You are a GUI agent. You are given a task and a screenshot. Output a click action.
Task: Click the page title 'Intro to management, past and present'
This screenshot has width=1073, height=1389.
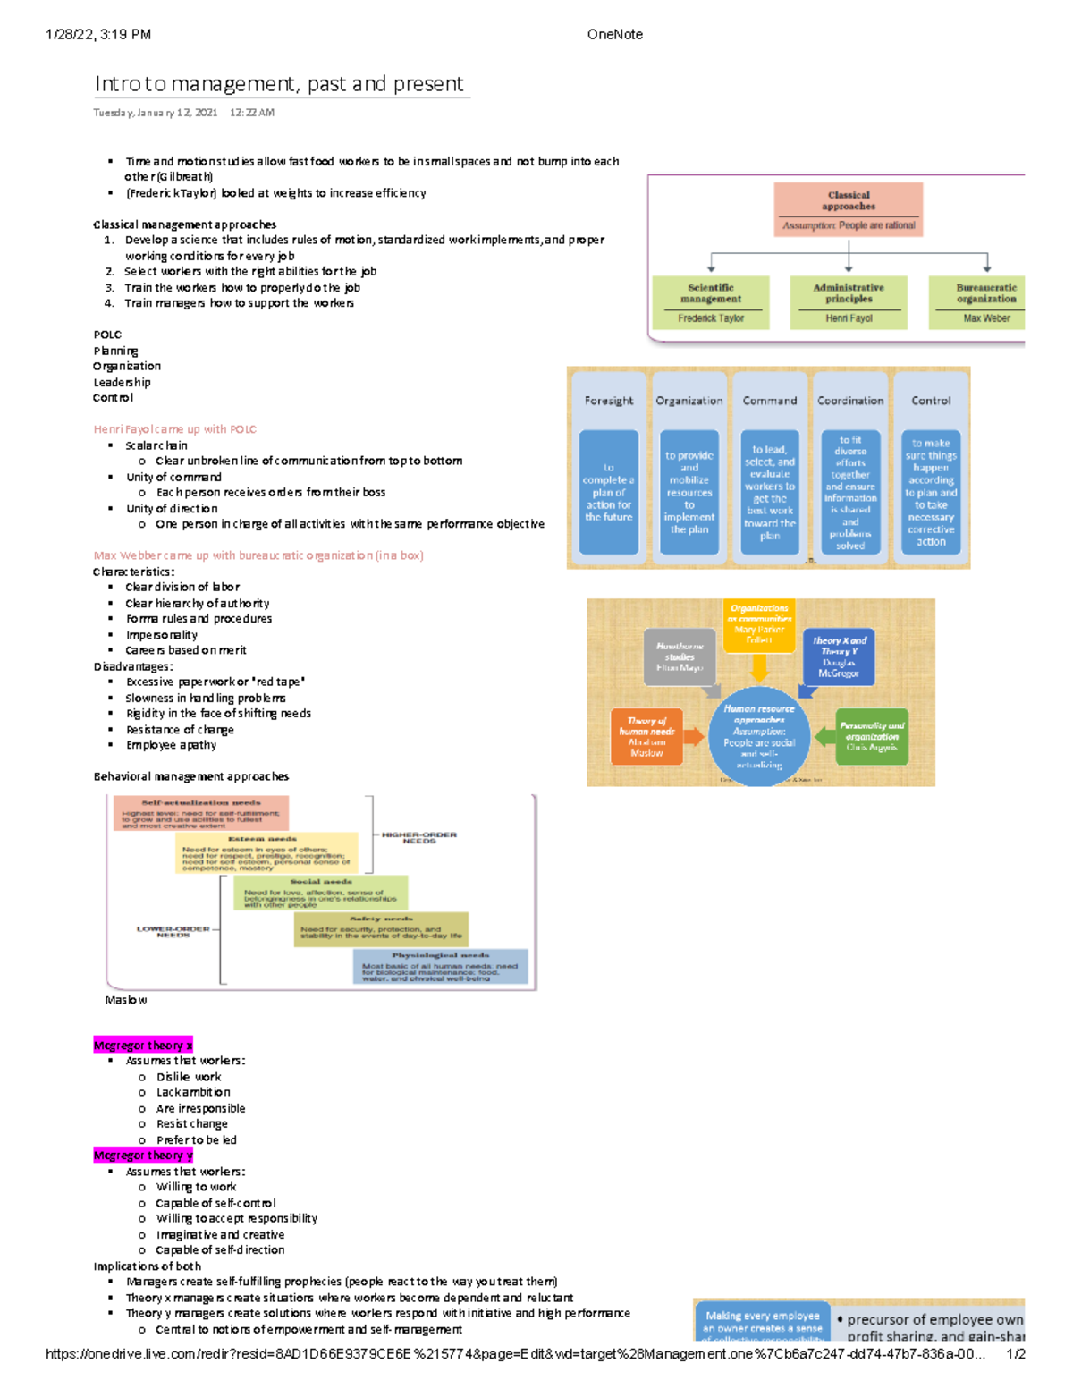[279, 84]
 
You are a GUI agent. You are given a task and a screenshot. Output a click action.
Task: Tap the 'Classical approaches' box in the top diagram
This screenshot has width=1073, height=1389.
[848, 208]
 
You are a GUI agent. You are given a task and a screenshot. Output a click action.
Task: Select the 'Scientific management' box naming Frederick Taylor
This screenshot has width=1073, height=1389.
[711, 302]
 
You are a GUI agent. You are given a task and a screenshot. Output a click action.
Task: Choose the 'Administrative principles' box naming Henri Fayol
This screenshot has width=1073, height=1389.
[849, 302]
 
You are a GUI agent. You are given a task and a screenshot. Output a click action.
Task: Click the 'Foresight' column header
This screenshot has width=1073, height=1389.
[609, 401]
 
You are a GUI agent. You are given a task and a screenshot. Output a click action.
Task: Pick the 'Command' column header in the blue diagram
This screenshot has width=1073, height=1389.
[769, 401]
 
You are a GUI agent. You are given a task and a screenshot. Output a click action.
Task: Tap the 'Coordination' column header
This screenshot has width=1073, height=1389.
[849, 401]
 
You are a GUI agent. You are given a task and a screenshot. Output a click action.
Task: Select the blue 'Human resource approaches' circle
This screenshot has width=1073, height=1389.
[758, 736]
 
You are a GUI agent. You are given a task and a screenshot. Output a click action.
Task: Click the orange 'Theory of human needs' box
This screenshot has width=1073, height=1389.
[646, 736]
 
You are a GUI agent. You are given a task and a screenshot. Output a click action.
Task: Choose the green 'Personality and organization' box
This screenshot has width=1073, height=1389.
[872, 736]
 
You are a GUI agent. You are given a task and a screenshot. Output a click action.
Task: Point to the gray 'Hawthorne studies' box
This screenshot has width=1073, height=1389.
[680, 656]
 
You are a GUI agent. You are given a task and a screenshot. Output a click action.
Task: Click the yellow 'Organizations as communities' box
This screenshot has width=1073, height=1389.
[759, 623]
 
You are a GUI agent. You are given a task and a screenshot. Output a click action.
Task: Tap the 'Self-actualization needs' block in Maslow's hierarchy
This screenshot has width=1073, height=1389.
[201, 813]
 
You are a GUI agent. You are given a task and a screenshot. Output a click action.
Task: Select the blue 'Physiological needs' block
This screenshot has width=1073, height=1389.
[440, 966]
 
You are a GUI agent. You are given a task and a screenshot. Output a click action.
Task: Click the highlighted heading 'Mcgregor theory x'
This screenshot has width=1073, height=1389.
[143, 1045]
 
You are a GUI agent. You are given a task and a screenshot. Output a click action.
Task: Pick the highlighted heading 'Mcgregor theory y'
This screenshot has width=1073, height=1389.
[143, 1156]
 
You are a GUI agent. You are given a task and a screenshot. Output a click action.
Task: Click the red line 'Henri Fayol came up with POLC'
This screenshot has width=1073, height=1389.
[174, 429]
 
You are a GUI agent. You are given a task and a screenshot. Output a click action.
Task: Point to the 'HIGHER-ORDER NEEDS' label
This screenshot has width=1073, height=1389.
[418, 838]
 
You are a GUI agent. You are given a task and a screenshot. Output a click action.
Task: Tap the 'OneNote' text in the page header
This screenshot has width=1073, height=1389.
[614, 35]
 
